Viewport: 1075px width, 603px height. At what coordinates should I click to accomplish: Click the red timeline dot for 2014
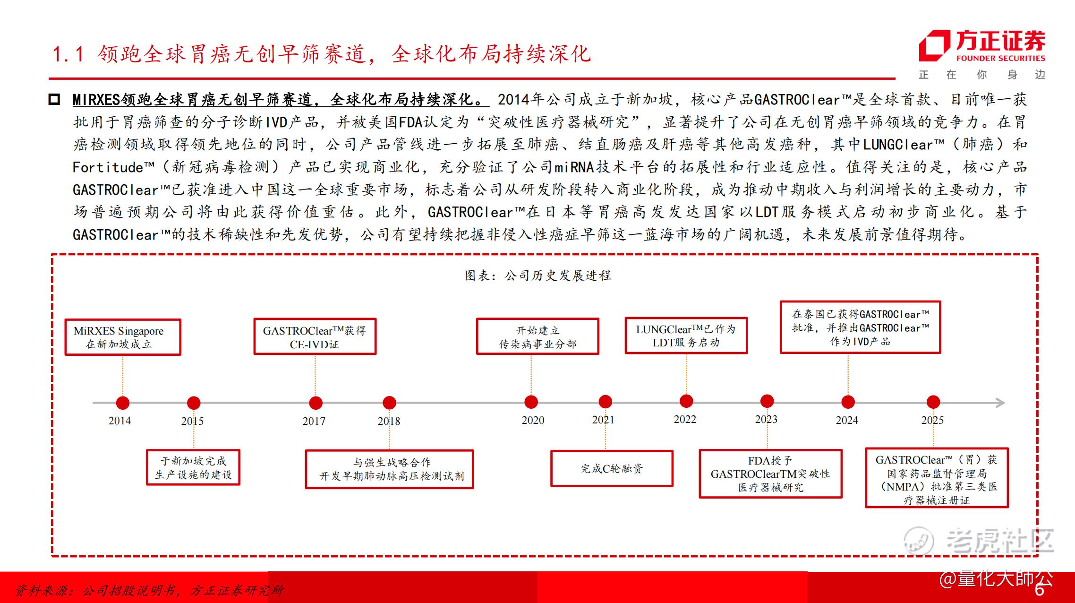pos(123,403)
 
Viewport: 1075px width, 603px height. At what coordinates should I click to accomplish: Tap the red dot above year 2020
pos(531,402)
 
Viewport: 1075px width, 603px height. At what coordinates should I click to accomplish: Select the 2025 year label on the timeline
pos(932,420)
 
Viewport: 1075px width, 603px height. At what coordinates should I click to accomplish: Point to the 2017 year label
pos(314,421)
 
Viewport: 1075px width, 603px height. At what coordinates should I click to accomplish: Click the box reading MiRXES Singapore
pos(123,337)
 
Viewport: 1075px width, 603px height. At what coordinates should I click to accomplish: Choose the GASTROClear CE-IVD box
pos(315,337)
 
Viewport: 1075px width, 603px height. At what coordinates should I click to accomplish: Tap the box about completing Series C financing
pos(612,468)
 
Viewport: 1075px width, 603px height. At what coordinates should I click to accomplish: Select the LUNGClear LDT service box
pos(686,336)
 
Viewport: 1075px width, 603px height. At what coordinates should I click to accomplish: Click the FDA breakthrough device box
pos(770,474)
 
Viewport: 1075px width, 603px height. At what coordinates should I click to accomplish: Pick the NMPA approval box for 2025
pos(937,478)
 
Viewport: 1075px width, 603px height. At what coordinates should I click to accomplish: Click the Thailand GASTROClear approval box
pos(860,327)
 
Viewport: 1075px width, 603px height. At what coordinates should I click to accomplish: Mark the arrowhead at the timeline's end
pos(1000,403)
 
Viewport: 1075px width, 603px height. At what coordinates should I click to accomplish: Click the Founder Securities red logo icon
pos(934,46)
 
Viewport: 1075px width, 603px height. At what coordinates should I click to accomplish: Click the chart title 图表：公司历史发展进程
pos(538,276)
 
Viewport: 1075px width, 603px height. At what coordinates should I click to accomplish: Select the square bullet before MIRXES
pos(54,100)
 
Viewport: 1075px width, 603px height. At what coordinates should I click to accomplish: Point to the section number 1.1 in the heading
pos(68,54)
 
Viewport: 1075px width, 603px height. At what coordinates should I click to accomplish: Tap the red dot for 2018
pos(389,403)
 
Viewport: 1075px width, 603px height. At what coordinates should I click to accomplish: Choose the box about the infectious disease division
pos(537,337)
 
